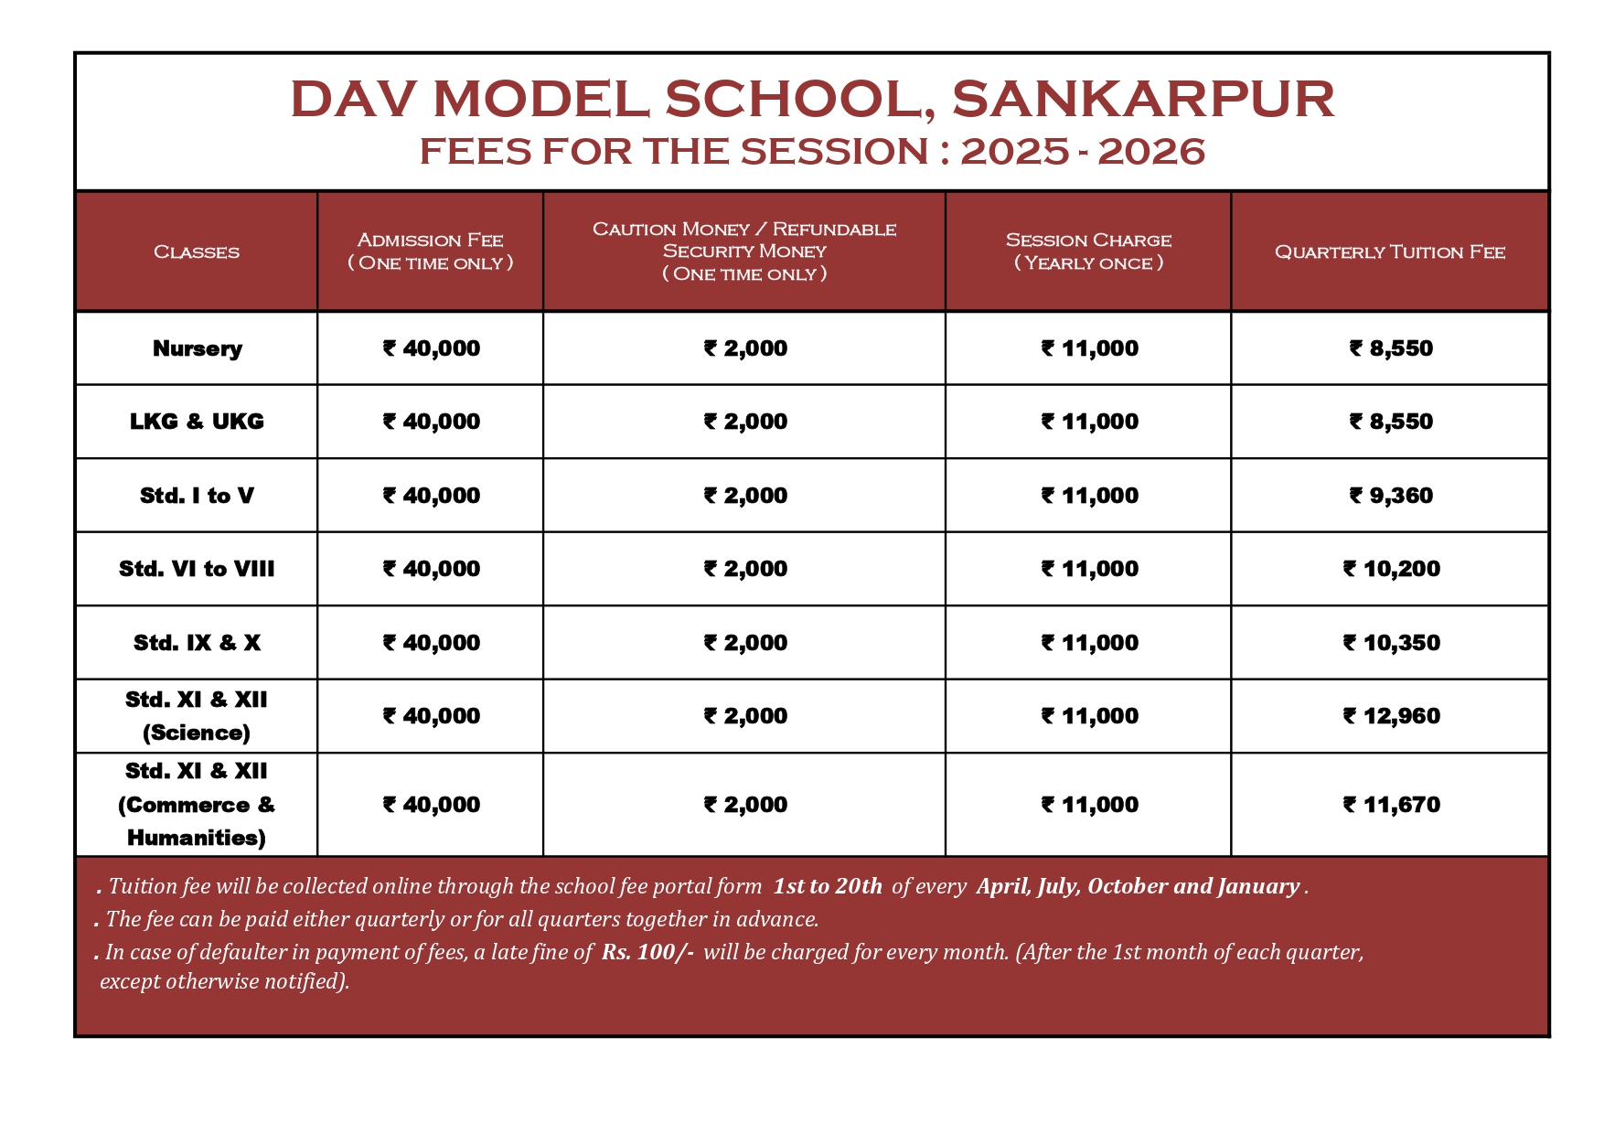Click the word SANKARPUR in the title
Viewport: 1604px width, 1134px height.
[x=1142, y=99]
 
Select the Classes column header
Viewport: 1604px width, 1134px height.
[x=197, y=251]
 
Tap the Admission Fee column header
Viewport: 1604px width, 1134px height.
[x=430, y=251]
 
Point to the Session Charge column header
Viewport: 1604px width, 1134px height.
[x=1088, y=251]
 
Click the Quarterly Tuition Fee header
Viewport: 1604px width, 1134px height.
[x=1389, y=251]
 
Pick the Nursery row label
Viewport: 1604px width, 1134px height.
[x=197, y=348]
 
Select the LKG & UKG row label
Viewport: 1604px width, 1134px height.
[x=197, y=422]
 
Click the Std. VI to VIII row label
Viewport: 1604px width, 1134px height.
[x=197, y=569]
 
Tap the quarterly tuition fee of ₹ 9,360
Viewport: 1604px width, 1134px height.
[x=1391, y=496]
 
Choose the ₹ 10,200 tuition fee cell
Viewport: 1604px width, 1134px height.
[x=1391, y=569]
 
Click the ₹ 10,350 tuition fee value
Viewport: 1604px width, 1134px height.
[x=1391, y=643]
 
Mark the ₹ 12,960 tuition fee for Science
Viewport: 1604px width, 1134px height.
[x=1391, y=716]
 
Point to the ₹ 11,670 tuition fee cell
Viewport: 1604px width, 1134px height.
[x=1391, y=805]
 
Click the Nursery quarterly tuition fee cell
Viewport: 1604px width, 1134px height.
[x=1391, y=348]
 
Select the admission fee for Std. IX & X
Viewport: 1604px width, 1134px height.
[x=431, y=643]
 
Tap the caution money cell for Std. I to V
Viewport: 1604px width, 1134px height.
[x=745, y=496]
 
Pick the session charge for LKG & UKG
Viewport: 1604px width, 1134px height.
[x=1089, y=422]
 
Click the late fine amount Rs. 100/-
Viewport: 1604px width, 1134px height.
[x=647, y=952]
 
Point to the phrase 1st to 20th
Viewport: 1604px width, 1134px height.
[x=828, y=886]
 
